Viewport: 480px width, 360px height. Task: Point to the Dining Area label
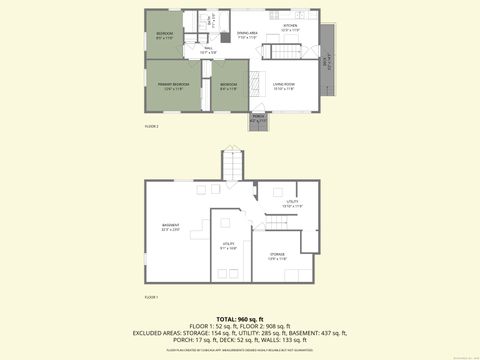point(247,34)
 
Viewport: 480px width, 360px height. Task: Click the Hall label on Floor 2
point(208,50)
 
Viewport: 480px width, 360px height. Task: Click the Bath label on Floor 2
point(214,17)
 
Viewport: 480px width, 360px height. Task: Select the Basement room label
point(170,226)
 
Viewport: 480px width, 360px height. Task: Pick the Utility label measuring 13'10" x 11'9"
point(293,203)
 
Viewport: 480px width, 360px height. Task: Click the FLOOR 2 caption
point(152,127)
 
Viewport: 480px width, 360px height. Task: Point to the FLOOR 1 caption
point(151,297)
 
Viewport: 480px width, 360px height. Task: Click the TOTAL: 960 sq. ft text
point(240,317)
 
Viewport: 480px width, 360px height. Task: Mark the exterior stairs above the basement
point(232,165)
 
